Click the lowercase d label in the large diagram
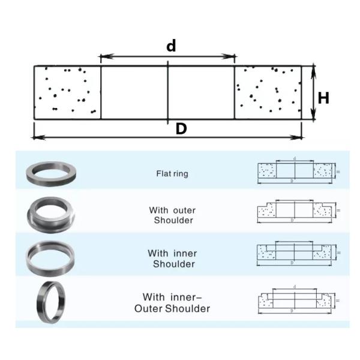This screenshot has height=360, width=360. pos(171,46)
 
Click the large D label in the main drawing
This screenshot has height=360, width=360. pos(180,129)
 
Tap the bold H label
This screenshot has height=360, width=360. pos(323,98)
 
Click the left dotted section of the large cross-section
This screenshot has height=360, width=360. pos(67,92)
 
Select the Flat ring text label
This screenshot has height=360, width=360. pos(172,174)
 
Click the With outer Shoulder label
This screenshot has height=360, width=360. pos(172,215)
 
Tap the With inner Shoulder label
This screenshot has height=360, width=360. pos(172,259)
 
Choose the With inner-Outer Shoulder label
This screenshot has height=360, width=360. pos(172,302)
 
